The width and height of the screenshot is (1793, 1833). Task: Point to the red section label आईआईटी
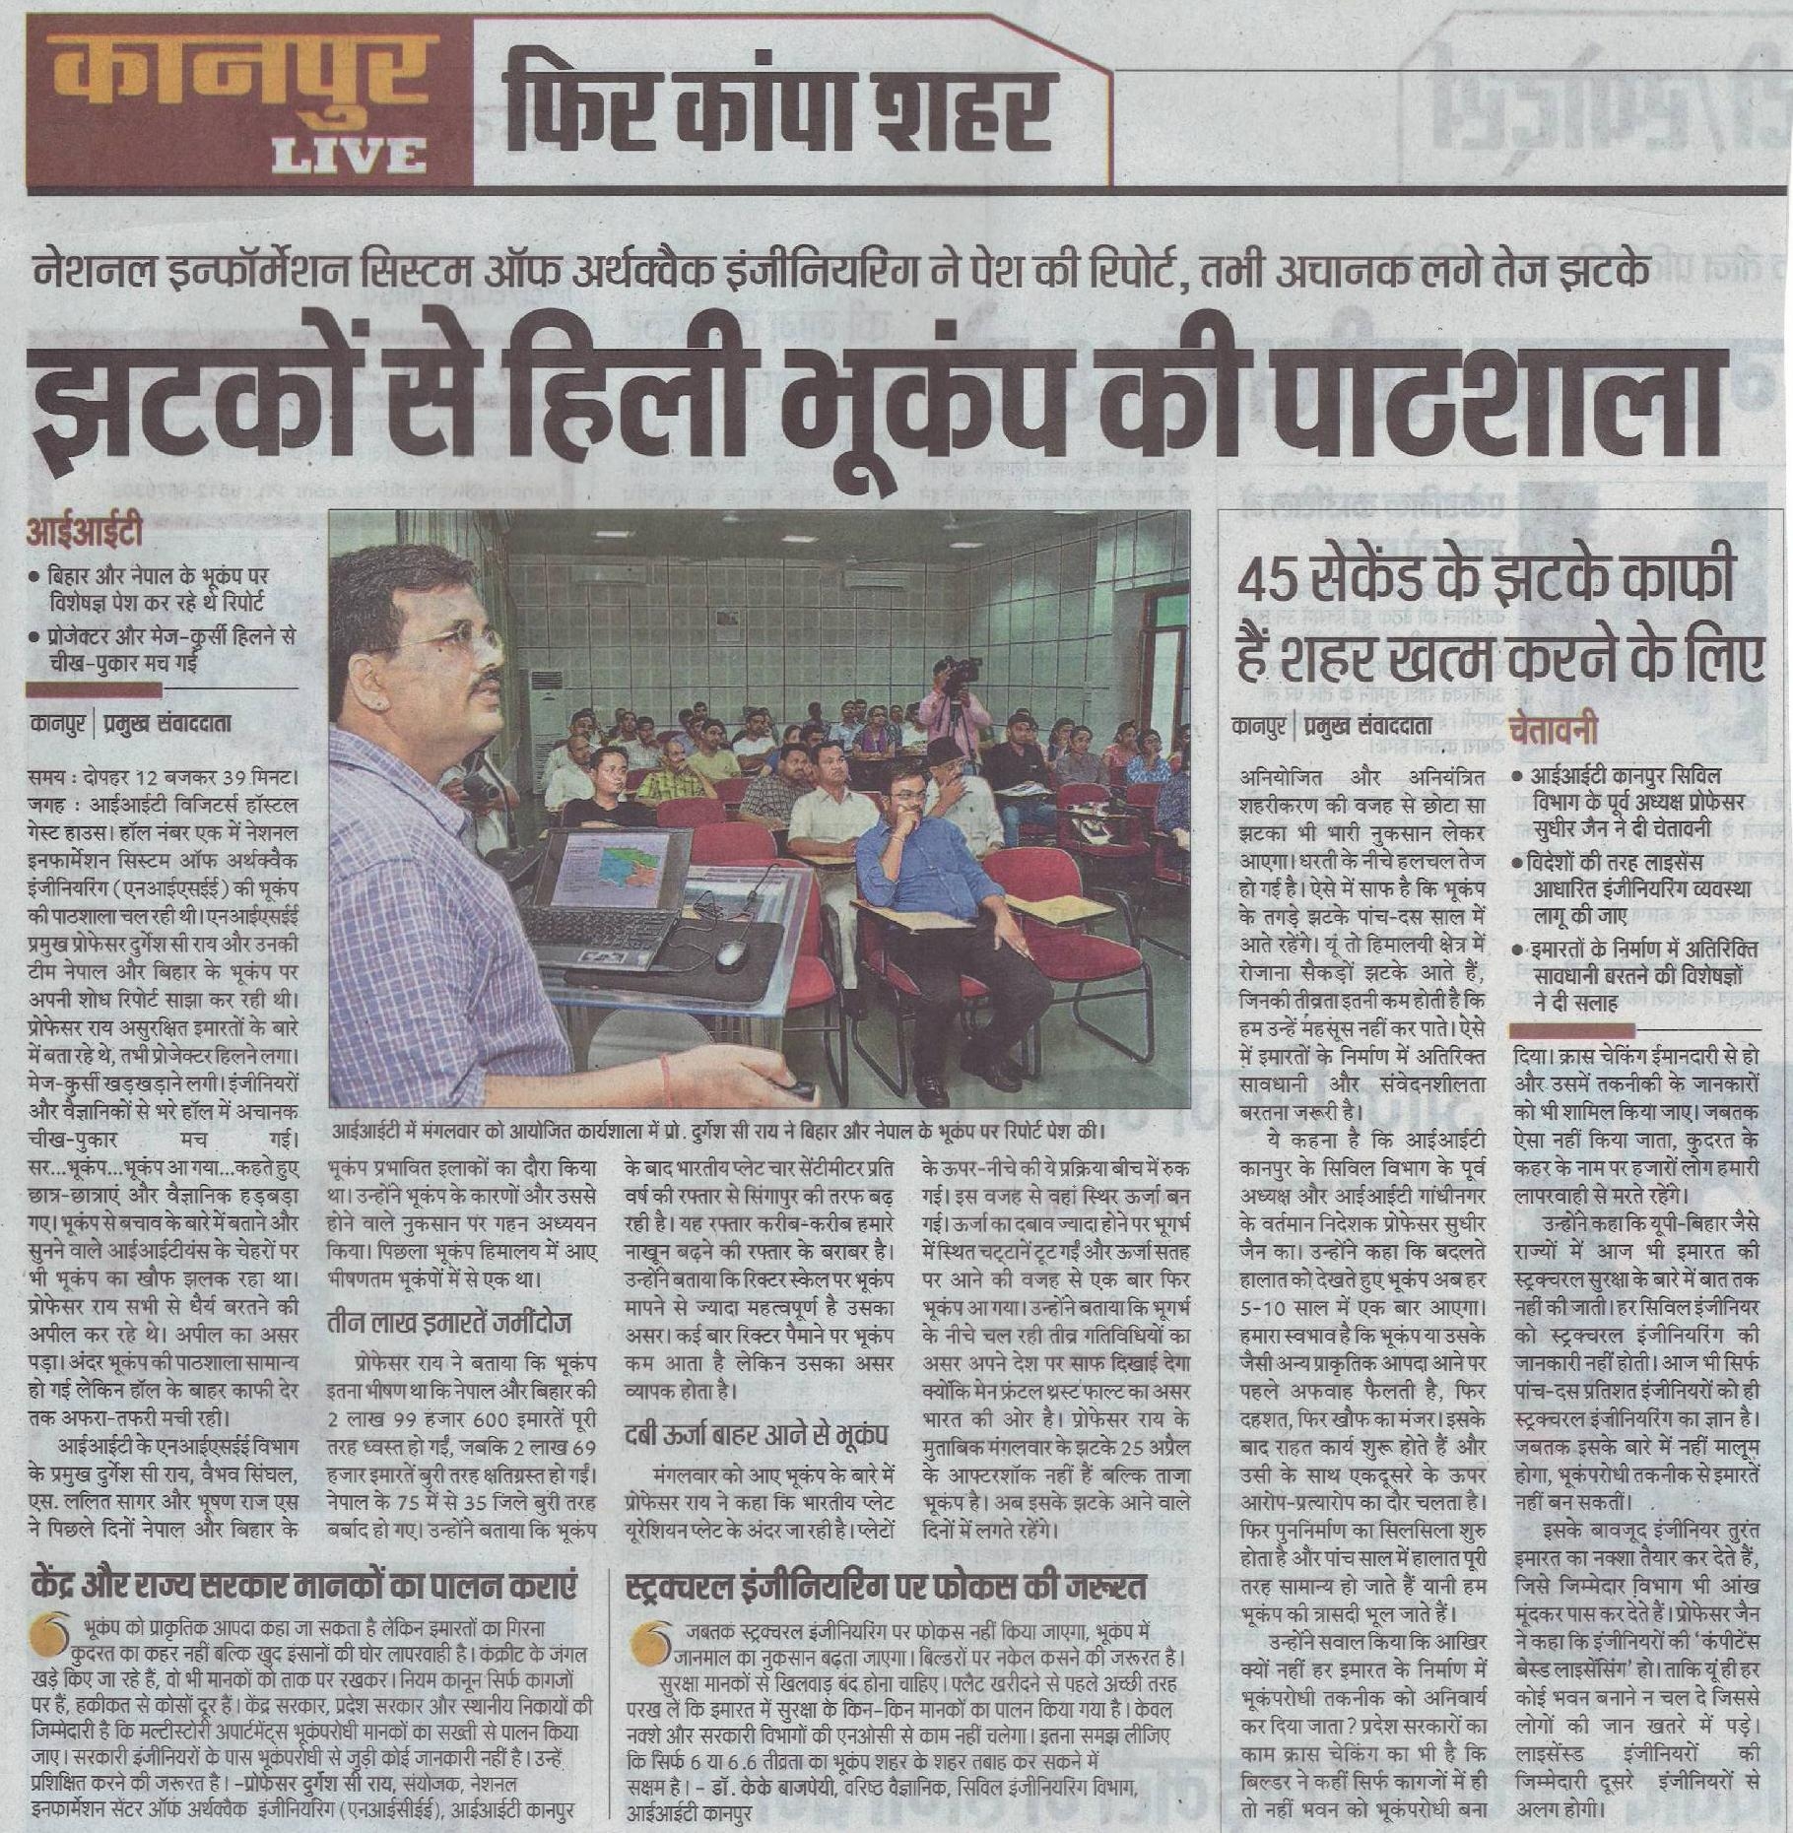tap(85, 534)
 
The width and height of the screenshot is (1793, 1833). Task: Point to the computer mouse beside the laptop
tap(732, 953)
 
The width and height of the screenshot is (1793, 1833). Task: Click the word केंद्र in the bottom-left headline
tap(61, 1587)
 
